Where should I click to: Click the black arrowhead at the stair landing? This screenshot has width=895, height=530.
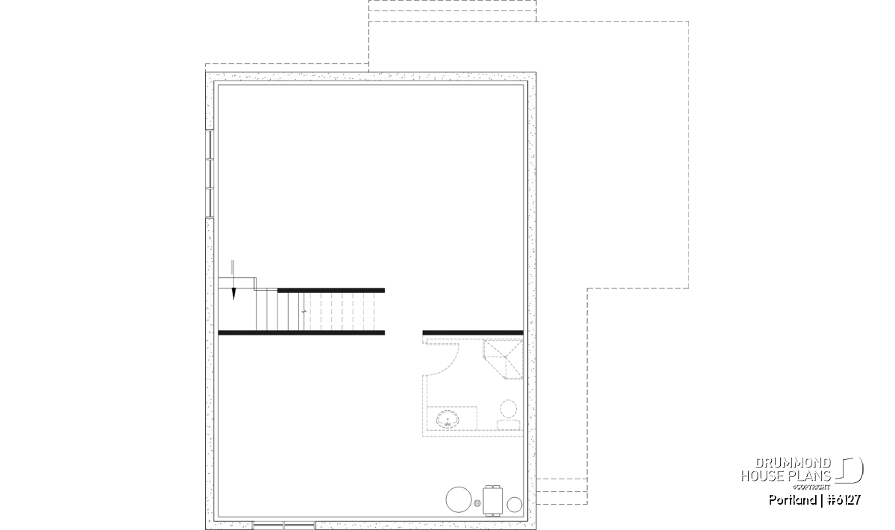[x=233, y=294]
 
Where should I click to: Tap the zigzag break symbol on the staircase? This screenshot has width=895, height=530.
[x=304, y=311]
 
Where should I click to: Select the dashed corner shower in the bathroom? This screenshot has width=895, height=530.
[x=503, y=359]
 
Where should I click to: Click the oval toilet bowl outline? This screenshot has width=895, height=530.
[x=508, y=408]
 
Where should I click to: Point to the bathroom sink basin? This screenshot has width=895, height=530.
[x=447, y=420]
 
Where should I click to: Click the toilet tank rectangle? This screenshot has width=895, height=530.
[x=509, y=425]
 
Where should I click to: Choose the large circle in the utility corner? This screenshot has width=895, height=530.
[x=459, y=499]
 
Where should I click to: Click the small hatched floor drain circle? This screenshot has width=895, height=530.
[x=477, y=503]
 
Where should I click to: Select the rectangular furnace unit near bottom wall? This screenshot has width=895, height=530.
[x=493, y=500]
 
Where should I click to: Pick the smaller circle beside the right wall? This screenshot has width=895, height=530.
[x=514, y=505]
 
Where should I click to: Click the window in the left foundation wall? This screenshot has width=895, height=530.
[x=210, y=174]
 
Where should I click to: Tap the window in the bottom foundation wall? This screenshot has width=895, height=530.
[x=284, y=526]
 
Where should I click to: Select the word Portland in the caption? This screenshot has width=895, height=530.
[x=792, y=500]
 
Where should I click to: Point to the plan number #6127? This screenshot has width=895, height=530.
[x=844, y=500]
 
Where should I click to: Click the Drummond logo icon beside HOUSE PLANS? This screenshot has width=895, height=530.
[x=850, y=470]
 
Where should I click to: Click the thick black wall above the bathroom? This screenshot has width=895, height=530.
[x=473, y=332]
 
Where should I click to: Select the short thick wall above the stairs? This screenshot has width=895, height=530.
[x=331, y=291]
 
